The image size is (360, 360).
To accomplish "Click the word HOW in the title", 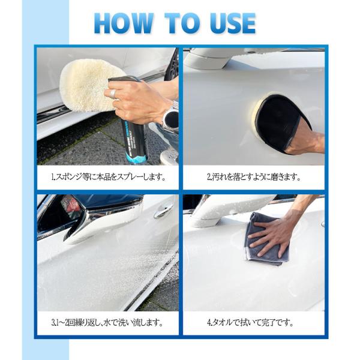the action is click(124, 23).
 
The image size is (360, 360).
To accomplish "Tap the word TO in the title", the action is click(182, 23).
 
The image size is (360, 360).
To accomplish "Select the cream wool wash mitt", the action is click(88, 85).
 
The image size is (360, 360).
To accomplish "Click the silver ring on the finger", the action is click(113, 94).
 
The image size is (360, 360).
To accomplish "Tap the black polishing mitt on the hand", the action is click(281, 123).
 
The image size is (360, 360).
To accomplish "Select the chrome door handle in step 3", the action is click(163, 211).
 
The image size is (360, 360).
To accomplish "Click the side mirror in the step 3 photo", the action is click(101, 219).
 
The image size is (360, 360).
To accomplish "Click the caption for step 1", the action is click(108, 177).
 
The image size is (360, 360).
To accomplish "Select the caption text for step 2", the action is click(254, 177).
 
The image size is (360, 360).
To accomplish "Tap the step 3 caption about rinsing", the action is click(107, 323).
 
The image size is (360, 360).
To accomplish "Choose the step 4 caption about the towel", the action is click(250, 323).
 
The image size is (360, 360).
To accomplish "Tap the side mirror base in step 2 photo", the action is click(206, 60).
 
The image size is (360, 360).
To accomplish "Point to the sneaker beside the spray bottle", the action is click(169, 156).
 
